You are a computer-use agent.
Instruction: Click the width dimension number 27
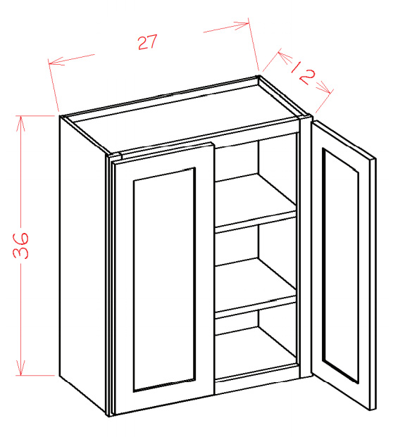(148, 42)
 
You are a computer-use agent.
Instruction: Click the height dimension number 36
(21, 246)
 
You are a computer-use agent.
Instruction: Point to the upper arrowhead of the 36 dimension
(20, 123)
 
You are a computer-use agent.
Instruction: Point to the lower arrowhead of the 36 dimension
(20, 367)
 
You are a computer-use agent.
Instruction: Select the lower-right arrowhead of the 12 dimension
(325, 88)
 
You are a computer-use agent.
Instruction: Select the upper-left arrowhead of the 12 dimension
(285, 56)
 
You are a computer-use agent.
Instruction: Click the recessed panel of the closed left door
(164, 279)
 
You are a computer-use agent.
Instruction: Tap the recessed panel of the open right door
(340, 265)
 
